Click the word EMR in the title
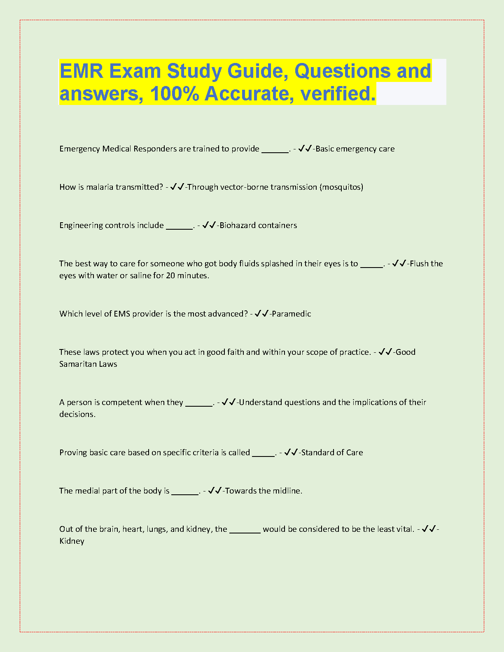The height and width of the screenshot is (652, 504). point(81,71)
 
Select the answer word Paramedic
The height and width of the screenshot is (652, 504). point(292,314)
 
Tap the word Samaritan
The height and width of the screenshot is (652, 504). point(77,364)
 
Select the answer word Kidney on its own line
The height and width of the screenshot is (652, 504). point(72,541)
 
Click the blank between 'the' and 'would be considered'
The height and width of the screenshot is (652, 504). point(245,531)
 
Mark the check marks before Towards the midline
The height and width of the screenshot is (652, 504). point(215,490)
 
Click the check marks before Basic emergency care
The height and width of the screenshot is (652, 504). point(305,148)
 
